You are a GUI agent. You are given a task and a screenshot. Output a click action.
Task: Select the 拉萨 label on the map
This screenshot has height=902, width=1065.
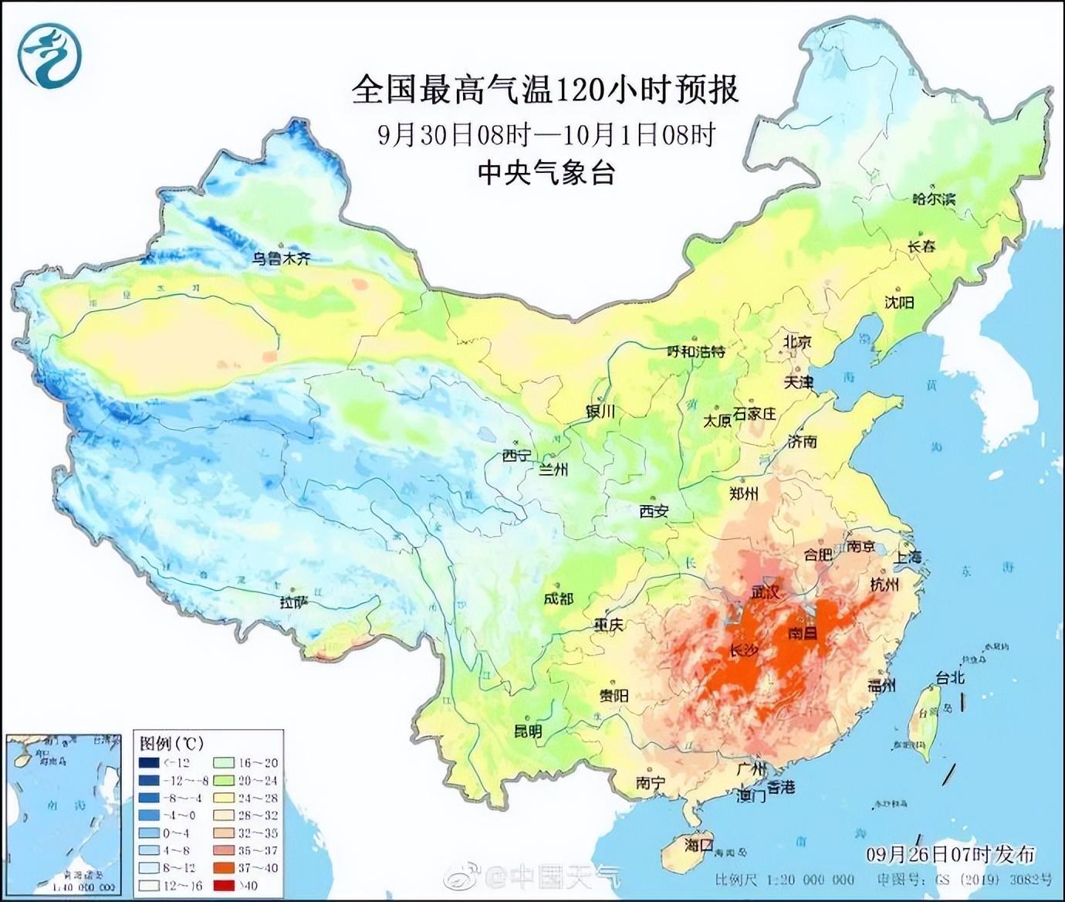[x=293, y=602]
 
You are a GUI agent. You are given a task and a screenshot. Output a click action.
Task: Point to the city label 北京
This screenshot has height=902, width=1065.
[x=797, y=341]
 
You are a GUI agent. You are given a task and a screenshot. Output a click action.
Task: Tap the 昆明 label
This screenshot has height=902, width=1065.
[x=528, y=731]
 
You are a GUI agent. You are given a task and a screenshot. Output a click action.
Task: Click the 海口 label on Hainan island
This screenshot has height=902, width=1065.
[x=699, y=845]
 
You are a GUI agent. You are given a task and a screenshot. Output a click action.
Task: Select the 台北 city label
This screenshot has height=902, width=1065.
[x=950, y=677]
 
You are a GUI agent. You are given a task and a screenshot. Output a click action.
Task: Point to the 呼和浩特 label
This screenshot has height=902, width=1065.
[x=696, y=351]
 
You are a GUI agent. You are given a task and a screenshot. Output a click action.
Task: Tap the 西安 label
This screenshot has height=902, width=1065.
[x=654, y=510]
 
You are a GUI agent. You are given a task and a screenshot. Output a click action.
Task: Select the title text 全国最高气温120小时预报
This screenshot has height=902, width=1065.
[x=545, y=90]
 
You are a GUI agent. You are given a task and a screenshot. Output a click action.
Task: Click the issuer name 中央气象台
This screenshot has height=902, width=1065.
[x=546, y=172]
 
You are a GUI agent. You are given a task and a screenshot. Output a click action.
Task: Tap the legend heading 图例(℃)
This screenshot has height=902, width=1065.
[x=171, y=743]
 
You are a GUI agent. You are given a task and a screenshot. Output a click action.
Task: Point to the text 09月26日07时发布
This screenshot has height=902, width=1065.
[x=950, y=853]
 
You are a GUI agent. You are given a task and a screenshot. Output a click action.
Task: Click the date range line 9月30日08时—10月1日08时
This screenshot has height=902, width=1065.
[x=546, y=134]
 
